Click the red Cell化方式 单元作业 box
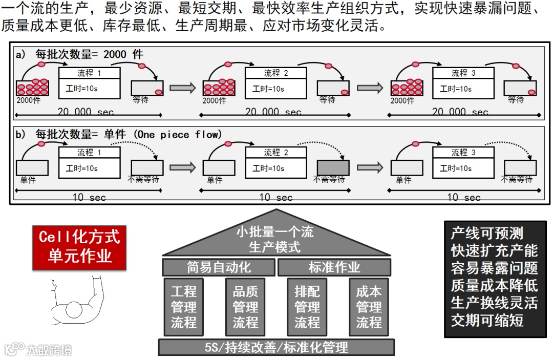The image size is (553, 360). (x=79, y=246)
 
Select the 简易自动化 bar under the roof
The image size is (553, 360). (x=219, y=267)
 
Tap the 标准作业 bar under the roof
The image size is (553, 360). (x=334, y=267)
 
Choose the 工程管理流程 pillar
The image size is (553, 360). (x=183, y=307)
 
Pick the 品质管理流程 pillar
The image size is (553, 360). (x=245, y=307)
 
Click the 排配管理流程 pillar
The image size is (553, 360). (x=307, y=307)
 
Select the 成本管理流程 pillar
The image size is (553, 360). (x=369, y=307)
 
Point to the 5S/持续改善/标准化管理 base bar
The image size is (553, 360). (x=276, y=347)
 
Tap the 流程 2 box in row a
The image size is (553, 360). (x=275, y=83)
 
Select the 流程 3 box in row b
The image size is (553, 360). (x=463, y=162)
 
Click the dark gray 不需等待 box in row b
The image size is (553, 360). (x=333, y=168)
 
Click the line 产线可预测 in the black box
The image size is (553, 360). (x=487, y=234)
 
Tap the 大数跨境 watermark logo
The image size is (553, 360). (x=38, y=349)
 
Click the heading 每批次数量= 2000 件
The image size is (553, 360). (x=89, y=54)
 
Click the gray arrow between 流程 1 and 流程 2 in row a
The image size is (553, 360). (x=183, y=88)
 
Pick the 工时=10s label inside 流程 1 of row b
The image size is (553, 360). (x=82, y=168)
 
